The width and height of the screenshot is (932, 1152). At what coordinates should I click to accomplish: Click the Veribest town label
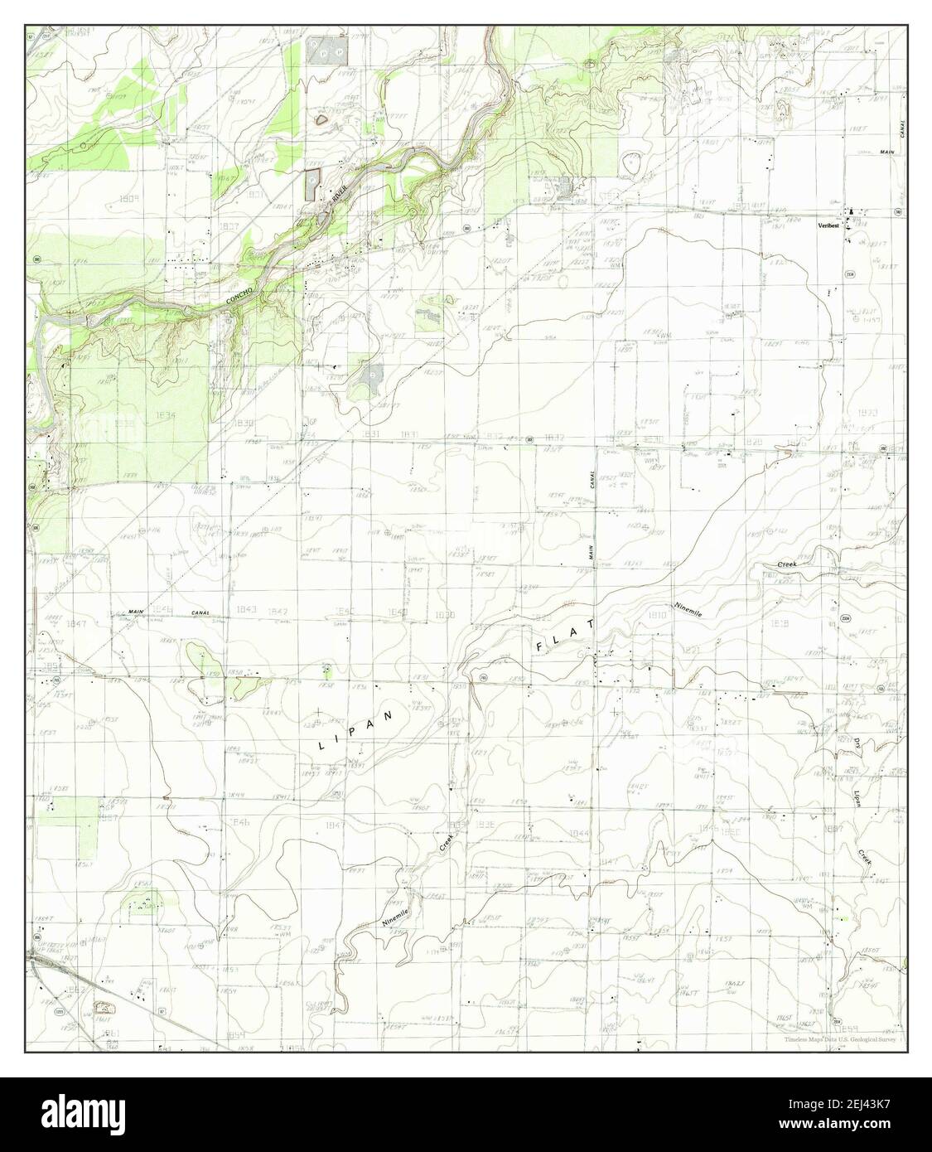[828, 225]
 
